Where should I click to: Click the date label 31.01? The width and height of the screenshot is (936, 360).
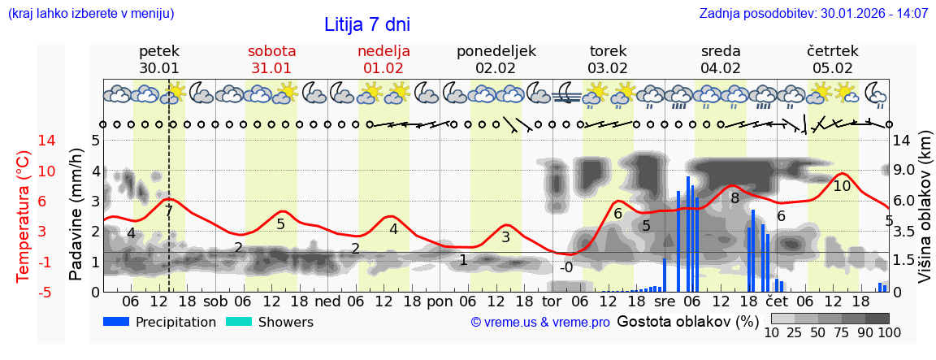click(271, 68)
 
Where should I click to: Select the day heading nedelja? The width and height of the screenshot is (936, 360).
click(383, 50)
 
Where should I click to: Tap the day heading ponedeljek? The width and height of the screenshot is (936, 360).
click(496, 50)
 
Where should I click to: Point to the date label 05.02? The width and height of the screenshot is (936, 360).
click(833, 68)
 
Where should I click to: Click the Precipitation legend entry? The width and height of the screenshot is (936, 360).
click(159, 322)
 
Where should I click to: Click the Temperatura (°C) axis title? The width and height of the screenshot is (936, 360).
click(23, 215)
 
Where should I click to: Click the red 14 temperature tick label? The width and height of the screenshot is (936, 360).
click(24, 141)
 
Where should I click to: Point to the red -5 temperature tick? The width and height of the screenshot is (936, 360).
click(24, 292)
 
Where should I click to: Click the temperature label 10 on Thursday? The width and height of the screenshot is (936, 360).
click(842, 186)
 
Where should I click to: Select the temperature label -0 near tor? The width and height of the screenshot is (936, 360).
click(565, 267)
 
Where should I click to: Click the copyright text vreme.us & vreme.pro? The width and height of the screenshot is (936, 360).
click(540, 323)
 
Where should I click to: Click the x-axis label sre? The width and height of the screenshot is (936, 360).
click(665, 301)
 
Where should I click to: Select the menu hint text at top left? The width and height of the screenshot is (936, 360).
click(91, 14)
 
